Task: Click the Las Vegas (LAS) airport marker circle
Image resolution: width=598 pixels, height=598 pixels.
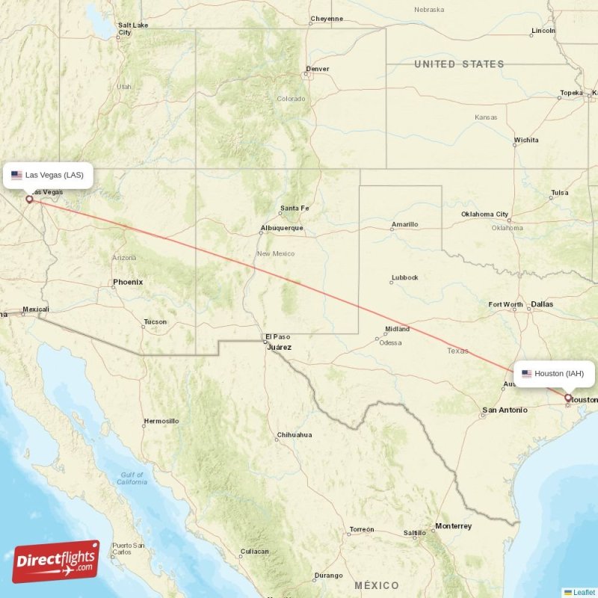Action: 30,199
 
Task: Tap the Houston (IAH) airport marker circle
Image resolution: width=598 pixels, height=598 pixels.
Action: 568,398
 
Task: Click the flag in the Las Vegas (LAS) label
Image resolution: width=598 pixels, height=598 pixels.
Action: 16,176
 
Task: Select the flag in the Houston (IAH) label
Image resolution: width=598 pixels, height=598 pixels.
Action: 526,374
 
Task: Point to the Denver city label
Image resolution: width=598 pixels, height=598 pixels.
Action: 317,70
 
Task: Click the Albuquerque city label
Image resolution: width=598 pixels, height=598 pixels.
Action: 282,228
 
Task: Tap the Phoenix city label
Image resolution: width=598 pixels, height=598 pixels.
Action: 127,282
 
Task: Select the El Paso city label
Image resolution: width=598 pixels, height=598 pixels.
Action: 277,336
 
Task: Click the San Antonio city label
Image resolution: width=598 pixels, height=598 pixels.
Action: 505,410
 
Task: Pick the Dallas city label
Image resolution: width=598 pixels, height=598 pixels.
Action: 542,304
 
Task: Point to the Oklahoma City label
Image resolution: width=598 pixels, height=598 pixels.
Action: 484,215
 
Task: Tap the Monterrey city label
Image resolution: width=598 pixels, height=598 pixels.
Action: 453,526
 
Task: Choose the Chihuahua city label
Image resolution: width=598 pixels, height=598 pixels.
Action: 295,434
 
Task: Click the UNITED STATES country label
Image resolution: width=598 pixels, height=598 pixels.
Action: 459,64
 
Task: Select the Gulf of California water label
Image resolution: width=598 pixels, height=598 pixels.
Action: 132,478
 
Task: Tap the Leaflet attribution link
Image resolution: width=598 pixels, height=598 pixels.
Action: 584,592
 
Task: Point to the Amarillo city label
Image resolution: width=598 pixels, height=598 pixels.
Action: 405,224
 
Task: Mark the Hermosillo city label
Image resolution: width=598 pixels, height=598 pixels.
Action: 161,421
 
